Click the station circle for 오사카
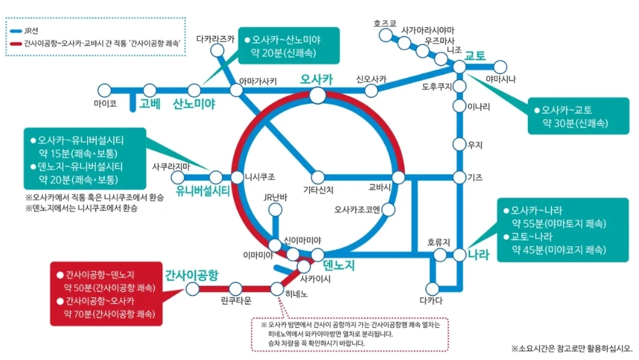tap(317, 95)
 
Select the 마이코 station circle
tap(105, 91)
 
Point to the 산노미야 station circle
tap(194, 91)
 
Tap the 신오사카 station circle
tap(371, 91)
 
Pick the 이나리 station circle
tap(459, 106)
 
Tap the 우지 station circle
tap(459, 144)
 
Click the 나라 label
tap(478, 256)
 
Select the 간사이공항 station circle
tap(193, 289)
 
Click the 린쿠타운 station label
tap(235, 300)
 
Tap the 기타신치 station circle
tap(318, 177)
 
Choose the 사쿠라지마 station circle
tap(178, 177)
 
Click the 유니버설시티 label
tap(203, 191)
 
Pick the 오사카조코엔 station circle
tap(388, 209)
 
